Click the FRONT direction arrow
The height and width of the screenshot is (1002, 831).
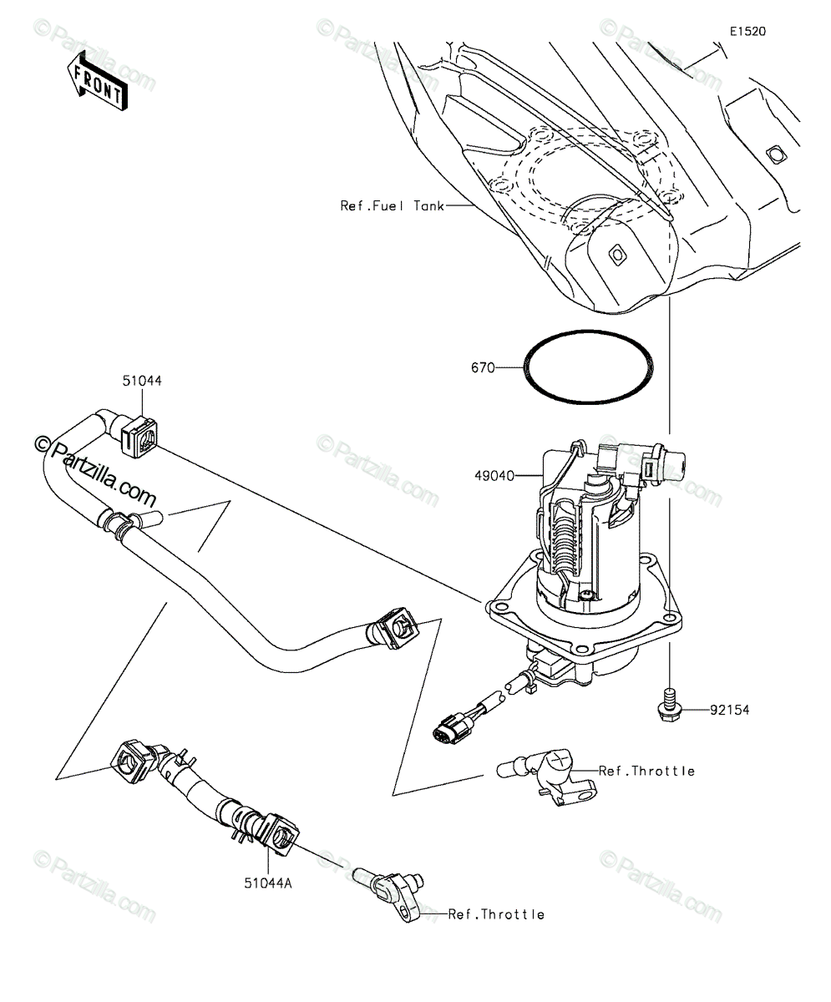(98, 81)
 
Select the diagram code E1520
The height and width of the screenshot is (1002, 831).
(747, 32)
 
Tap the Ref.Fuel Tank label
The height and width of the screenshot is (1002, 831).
(393, 206)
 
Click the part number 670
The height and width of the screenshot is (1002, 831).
(483, 367)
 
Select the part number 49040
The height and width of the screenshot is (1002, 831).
(494, 476)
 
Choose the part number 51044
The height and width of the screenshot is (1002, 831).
(142, 381)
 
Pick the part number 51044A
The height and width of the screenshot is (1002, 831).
(268, 883)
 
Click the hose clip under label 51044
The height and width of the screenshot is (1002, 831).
(139, 437)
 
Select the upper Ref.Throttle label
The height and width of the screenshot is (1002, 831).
(646, 785)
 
